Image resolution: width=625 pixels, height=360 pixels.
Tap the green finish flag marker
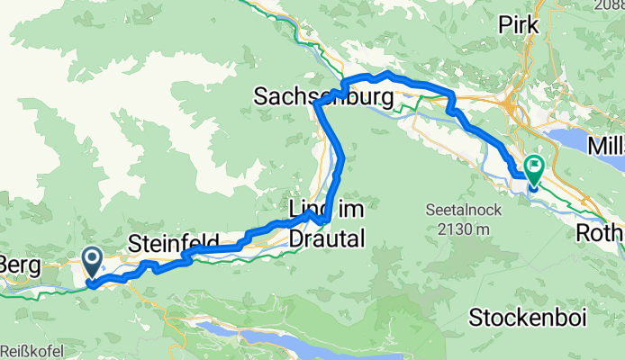534,166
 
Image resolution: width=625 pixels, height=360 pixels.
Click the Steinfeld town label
175,243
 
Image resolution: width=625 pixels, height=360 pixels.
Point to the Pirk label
518,25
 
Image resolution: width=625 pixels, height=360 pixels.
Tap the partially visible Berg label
18,243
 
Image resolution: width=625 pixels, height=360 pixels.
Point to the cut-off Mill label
604,145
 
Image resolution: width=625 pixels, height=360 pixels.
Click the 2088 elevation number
609,5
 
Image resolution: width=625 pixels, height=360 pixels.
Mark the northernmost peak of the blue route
385,72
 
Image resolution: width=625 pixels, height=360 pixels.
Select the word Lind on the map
305,209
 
